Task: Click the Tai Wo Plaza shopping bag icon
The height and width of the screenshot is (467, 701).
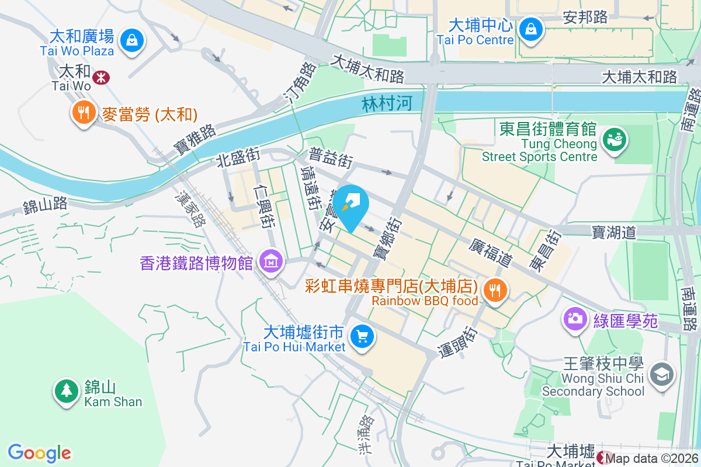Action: [133, 40]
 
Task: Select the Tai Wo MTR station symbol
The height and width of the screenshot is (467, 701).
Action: [102, 77]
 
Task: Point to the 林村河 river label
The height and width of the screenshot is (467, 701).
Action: [387, 104]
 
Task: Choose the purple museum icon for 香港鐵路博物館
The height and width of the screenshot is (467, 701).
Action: [271, 261]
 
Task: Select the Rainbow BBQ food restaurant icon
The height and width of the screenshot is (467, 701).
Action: [495, 288]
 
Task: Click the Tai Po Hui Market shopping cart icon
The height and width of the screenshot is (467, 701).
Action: [362, 336]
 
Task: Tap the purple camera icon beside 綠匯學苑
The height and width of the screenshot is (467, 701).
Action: [575, 319]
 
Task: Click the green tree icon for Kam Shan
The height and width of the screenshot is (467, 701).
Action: [66, 389]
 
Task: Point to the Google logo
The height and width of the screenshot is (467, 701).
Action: [39, 453]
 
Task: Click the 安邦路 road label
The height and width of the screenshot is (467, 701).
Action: [585, 18]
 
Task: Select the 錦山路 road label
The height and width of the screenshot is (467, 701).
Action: [45, 205]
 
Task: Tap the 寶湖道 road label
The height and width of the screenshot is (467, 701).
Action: [613, 232]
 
